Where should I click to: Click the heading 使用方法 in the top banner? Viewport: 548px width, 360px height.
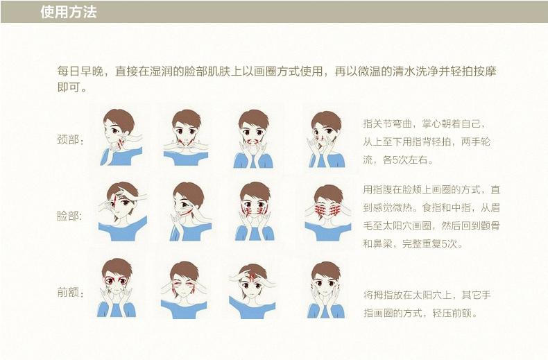point(69,12)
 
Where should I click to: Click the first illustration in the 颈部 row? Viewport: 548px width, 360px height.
point(121,137)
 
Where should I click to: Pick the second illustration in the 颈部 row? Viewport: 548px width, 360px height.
point(186,138)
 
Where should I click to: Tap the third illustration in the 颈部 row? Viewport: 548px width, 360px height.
point(253,139)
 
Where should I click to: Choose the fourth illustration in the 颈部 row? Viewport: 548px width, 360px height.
point(326,139)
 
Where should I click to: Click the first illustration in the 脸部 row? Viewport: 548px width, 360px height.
point(122,212)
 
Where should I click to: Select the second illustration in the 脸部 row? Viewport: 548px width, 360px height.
point(191,212)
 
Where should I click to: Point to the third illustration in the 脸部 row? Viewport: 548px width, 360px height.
point(255,212)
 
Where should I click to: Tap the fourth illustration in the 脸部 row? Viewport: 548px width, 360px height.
point(328,213)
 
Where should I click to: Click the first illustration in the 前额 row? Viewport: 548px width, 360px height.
point(117,288)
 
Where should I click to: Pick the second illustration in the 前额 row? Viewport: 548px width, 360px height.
point(184,290)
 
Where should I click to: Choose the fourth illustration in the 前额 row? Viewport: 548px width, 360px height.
point(326,290)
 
